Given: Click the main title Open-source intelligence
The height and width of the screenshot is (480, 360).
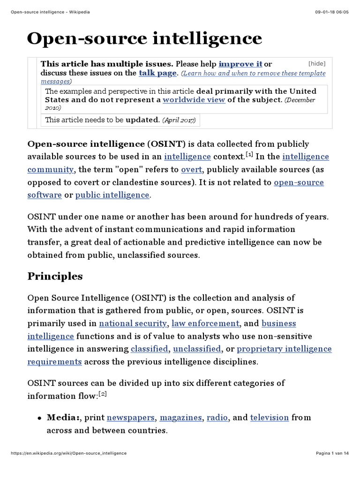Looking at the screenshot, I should (144, 38).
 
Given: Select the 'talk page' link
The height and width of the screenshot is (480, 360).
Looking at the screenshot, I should (158, 73).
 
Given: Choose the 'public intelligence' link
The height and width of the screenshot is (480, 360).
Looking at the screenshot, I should (112, 195).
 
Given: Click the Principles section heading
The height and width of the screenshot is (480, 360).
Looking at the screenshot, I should (55, 276).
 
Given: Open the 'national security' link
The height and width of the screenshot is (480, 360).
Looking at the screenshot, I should (133, 323).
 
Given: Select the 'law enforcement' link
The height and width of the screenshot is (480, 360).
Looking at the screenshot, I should (205, 323).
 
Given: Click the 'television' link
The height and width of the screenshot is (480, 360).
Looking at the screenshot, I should (269, 417).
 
